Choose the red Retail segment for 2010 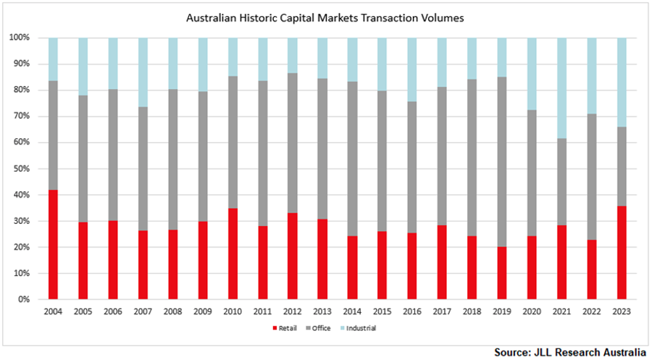(x=232, y=254)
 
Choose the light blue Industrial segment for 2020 (x=531, y=73)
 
